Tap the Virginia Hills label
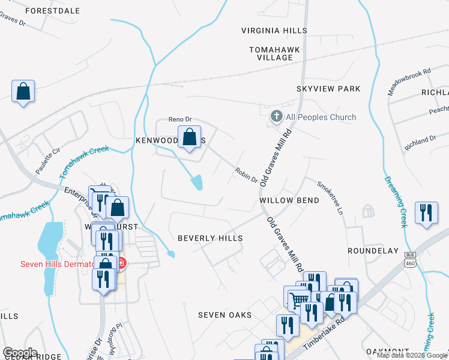coord(274,31)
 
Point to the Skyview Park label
coord(328,89)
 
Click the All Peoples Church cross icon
coord(276,116)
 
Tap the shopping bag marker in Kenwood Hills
coord(189,137)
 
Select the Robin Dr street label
coord(246,175)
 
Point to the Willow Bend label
coord(289,200)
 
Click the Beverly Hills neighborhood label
coord(210,238)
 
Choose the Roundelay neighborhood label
coord(373,250)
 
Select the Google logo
coord(20,353)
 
